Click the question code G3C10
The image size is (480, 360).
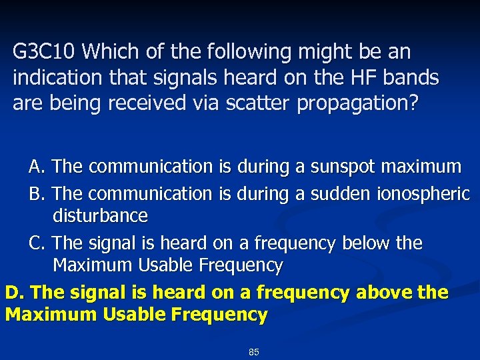(x=45, y=51)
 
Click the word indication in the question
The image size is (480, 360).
(x=59, y=78)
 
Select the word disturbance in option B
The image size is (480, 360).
(x=100, y=216)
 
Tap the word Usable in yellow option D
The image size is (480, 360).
(x=132, y=314)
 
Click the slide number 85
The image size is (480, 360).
(x=253, y=351)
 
